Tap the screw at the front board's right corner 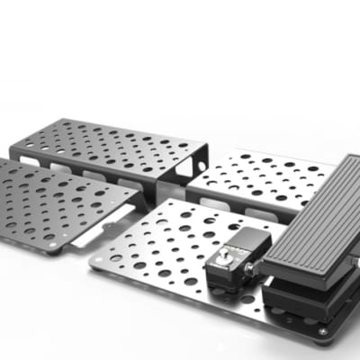[x=322, y=332]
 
